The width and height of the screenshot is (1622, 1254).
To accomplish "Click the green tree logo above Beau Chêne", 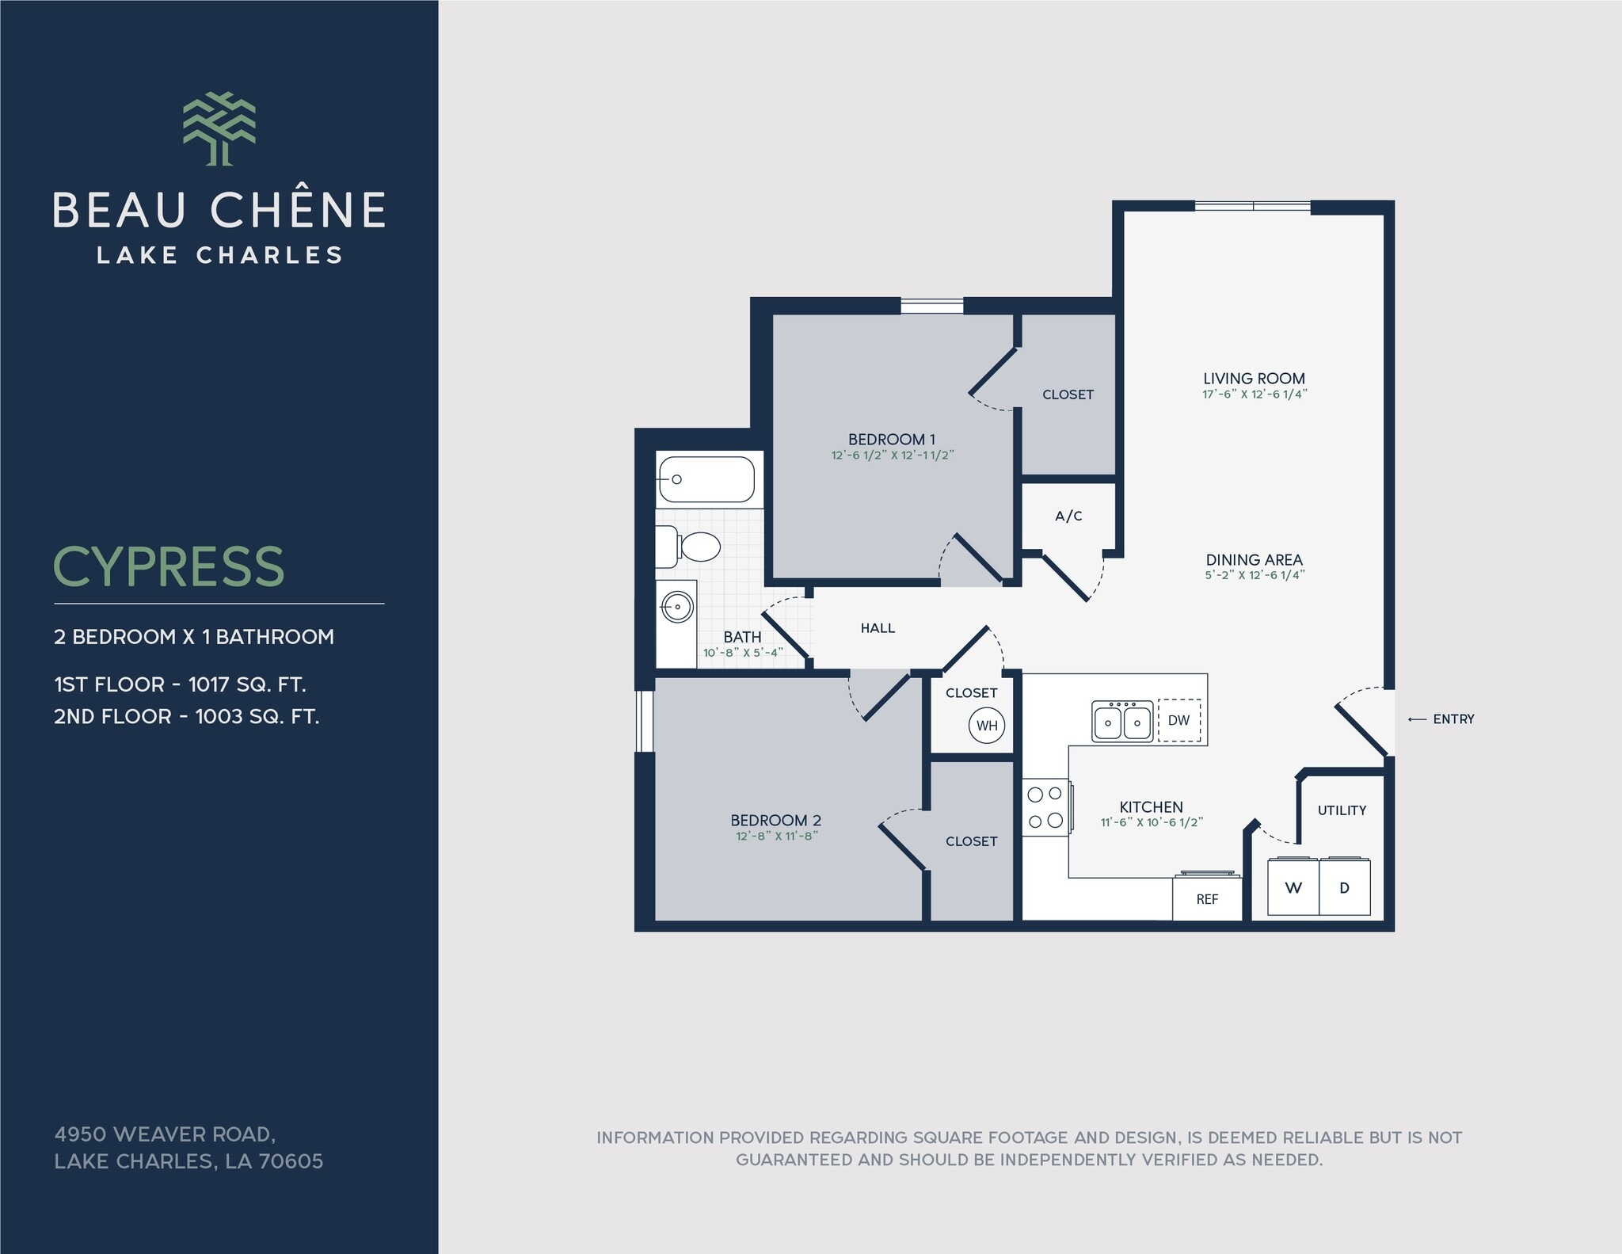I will (219, 128).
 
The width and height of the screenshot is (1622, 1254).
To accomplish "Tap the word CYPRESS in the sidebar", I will (168, 567).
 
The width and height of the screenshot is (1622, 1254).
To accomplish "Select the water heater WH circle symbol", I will (986, 725).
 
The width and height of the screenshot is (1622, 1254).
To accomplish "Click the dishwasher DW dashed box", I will (1178, 720).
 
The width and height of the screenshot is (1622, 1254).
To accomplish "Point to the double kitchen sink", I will (1122, 721).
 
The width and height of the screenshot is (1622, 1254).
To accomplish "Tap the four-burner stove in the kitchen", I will (1045, 807).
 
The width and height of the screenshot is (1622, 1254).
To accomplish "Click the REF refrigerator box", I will (1207, 899).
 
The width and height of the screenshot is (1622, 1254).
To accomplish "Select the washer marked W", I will (1293, 887).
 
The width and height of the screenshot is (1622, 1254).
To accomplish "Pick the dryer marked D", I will (1344, 887).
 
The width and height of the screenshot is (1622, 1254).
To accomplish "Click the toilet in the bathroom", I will (691, 547).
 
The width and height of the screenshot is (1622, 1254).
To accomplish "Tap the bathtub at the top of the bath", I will (706, 479).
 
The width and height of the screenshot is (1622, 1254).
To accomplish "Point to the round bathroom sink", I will (677, 608).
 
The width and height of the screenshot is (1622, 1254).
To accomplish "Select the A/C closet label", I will (1068, 516).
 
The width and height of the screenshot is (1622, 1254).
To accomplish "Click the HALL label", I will (878, 628).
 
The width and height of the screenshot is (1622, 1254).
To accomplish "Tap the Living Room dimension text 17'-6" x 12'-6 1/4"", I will (1255, 394).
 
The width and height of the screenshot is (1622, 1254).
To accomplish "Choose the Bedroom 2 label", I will (775, 820).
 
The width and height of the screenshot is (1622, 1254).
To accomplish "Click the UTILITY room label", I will (1342, 810).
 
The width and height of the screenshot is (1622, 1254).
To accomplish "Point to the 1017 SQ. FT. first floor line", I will (180, 684).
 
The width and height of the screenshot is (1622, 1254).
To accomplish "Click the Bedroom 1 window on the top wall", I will (932, 305).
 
